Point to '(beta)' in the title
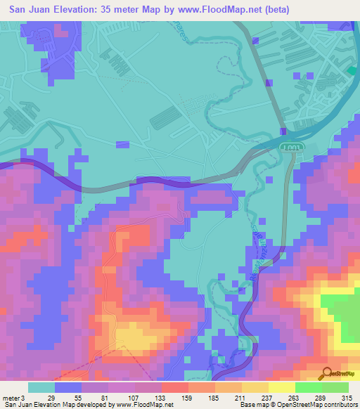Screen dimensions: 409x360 click(274, 10)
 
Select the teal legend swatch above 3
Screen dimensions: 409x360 click(41, 387)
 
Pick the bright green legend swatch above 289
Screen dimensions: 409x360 click(309, 387)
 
